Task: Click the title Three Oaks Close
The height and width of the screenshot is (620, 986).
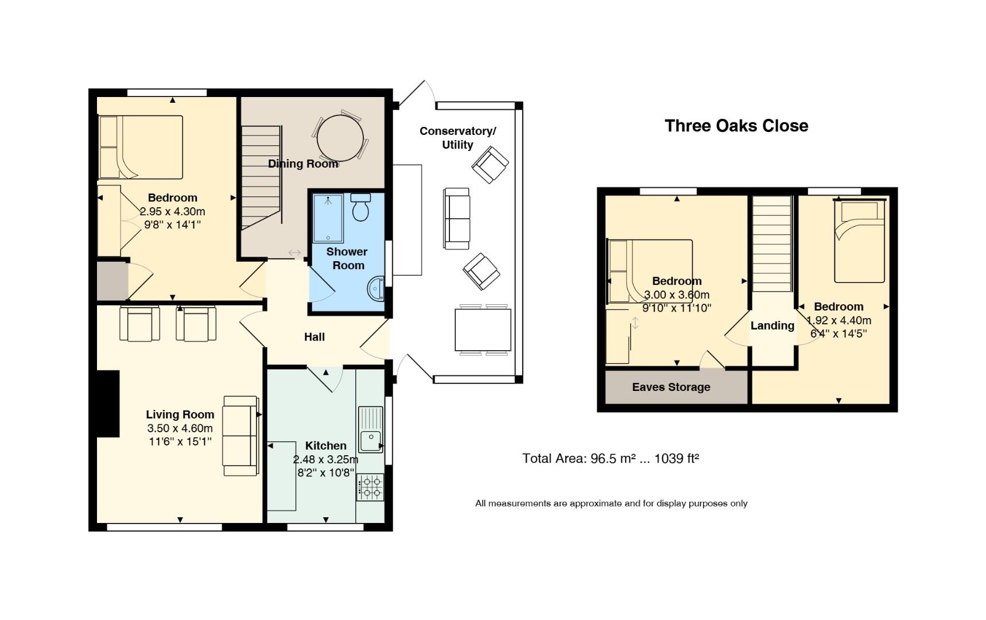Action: [x=736, y=126]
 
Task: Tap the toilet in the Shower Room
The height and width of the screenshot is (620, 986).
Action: [x=360, y=208]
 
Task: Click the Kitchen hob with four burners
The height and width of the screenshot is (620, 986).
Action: [x=370, y=487]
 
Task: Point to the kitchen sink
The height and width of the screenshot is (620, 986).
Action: [x=370, y=431]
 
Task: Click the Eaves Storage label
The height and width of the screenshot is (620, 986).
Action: [x=671, y=387]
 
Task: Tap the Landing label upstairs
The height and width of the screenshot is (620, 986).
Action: [x=772, y=325]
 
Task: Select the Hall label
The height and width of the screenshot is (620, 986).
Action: [x=314, y=337]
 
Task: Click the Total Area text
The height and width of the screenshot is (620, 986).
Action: [x=610, y=458]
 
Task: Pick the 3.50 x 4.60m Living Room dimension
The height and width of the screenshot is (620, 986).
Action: [x=180, y=428]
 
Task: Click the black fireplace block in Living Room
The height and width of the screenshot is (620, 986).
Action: [x=108, y=404]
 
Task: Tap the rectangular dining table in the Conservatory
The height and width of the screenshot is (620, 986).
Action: [x=483, y=330]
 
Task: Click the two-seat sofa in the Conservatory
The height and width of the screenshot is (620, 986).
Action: [x=456, y=219]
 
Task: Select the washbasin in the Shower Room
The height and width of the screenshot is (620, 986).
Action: [x=376, y=288]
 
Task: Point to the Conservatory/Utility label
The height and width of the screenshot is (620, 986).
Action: [x=457, y=138]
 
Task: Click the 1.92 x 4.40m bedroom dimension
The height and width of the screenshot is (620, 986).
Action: [x=839, y=320]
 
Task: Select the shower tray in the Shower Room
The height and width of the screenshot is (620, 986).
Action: [x=328, y=219]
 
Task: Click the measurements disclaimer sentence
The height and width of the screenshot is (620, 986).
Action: [x=611, y=503]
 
